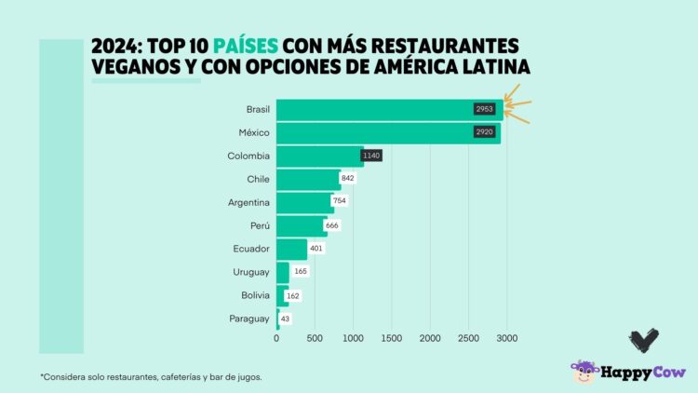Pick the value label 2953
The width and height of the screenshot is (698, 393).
[484, 109]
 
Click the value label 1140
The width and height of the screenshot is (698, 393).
[371, 156]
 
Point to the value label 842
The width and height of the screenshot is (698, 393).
[349, 178]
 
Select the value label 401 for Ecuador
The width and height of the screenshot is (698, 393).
[315, 249]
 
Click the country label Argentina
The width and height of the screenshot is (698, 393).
[248, 202]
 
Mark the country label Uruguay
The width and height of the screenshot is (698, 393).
[251, 272]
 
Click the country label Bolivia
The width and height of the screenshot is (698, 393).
[253, 295]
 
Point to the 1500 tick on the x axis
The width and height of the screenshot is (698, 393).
[392, 338]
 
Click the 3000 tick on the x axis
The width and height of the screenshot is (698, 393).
[506, 338]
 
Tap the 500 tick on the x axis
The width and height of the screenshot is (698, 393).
[315, 338]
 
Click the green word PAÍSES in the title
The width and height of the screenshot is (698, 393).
[246, 46]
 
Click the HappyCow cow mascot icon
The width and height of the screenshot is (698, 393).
[584, 373]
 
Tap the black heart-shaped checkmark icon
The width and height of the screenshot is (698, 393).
[643, 340]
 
